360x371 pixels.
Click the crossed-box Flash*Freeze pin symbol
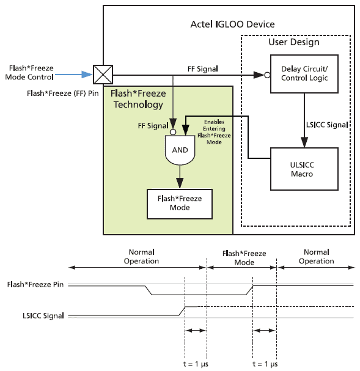point(103,75)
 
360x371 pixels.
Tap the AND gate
point(180,150)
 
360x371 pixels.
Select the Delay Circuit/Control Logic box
point(304,74)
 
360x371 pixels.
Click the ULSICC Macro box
point(304,169)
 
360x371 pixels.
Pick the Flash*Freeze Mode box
point(180,204)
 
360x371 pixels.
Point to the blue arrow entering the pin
point(73,75)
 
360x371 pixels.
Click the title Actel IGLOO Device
point(232,24)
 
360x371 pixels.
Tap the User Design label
point(294,42)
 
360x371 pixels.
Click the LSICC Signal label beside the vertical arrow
point(327,125)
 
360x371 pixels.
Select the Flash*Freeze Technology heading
point(138,99)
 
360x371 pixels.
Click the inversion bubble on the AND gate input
point(173,132)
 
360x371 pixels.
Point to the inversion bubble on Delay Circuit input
point(267,75)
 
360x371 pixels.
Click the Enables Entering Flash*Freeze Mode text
point(214,132)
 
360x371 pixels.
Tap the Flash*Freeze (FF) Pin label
point(63,94)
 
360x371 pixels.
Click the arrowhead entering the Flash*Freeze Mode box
point(180,183)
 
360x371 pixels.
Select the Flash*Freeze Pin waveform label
point(35,284)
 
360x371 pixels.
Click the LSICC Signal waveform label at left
point(43,316)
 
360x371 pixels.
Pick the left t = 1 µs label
point(196,364)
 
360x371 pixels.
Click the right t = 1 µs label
point(265,364)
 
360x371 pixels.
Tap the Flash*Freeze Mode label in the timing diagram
point(244,258)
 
